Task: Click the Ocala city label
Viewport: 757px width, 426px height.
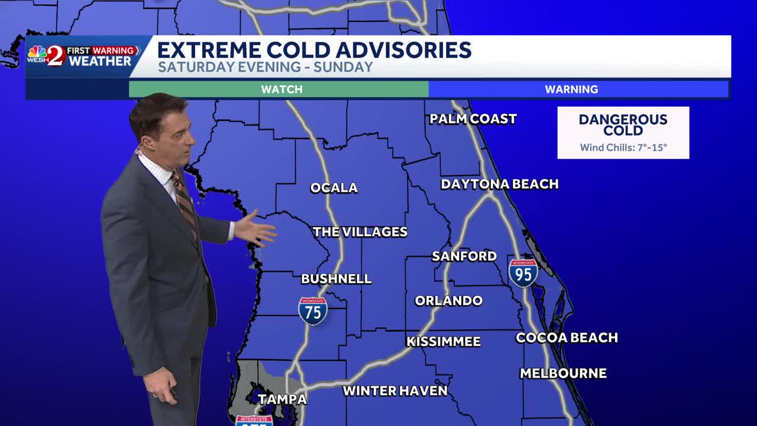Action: [x=334, y=188]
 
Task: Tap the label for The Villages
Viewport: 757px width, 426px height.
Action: [x=360, y=232]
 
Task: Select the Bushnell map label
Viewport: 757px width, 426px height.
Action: [x=336, y=279]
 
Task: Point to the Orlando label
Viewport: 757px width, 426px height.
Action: [x=448, y=301]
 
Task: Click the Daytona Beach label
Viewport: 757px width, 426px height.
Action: [x=500, y=184]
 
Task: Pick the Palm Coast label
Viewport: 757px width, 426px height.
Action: [x=473, y=119]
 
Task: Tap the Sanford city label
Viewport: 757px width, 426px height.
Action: [x=464, y=256]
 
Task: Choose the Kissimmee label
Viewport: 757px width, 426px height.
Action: [x=444, y=341]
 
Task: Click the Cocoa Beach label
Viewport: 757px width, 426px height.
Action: [x=567, y=338]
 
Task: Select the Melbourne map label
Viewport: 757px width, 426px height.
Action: [x=563, y=373]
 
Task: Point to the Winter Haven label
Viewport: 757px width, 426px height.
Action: [x=395, y=391]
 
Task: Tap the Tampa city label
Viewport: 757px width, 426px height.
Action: [x=282, y=399]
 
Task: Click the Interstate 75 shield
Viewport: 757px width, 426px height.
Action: [x=313, y=311]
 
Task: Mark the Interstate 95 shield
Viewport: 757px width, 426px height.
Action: [x=523, y=273]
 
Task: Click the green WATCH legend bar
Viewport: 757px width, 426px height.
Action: [x=279, y=89]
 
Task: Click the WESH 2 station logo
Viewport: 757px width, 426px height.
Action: [x=47, y=56]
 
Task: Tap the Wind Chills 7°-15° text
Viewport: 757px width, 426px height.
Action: [x=623, y=147]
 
